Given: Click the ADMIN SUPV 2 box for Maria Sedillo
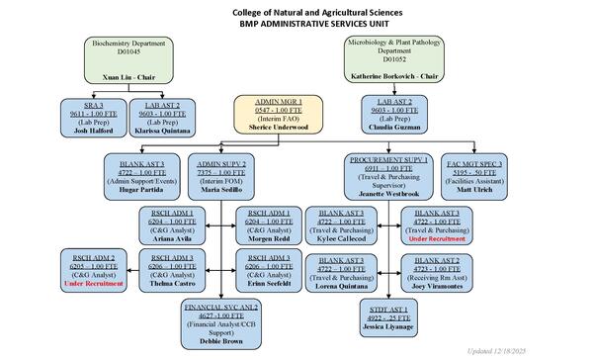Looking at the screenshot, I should point(225,175).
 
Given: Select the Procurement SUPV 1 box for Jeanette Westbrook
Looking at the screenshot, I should point(388,175).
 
